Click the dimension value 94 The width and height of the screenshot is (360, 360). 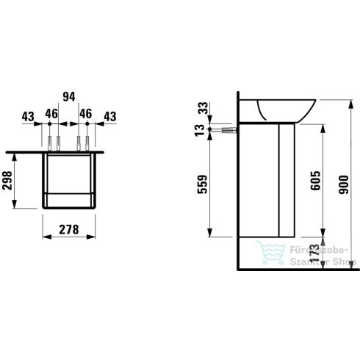point(69,95)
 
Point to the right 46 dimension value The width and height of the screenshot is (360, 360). point(85,115)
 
